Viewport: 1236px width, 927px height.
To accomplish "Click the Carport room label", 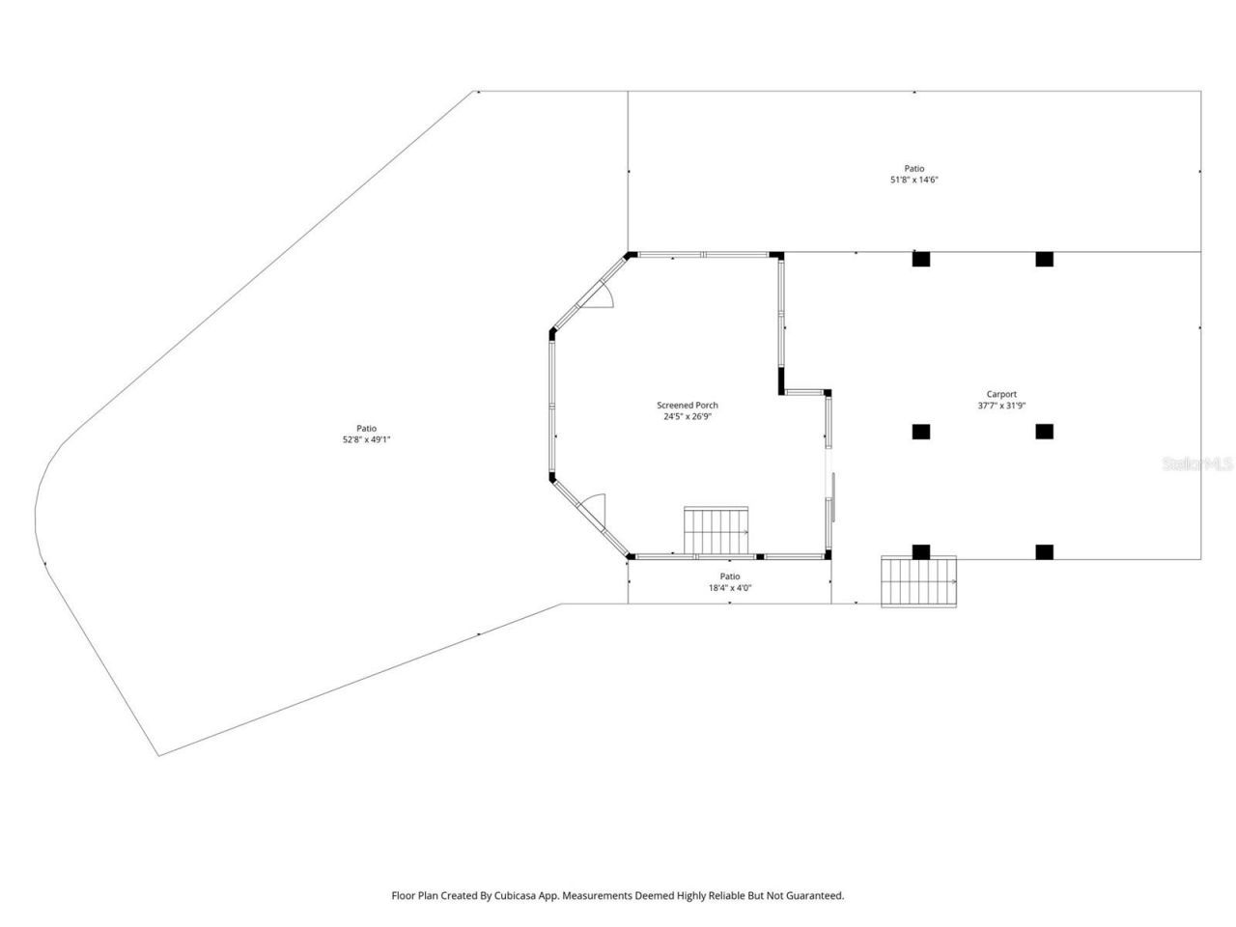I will tap(1000, 394).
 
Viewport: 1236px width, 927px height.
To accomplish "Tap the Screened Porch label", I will tap(688, 406).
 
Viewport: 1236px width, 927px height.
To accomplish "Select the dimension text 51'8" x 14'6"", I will tap(913, 181).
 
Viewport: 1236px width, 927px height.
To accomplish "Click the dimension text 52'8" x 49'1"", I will tap(366, 439).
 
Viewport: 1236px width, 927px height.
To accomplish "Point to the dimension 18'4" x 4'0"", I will tap(729, 587).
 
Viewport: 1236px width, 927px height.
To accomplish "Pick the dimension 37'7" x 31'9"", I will tap(1000, 406).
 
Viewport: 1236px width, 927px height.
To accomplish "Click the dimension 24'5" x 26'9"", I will tap(688, 417).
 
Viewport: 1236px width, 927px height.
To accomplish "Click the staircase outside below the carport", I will tap(919, 582).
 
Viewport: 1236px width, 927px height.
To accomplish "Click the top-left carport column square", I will tap(921, 259).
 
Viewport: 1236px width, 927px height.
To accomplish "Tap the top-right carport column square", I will tap(1044, 259).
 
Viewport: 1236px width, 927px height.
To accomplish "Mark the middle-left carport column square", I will tap(921, 432).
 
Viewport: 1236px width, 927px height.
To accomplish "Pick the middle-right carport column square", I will tap(1044, 432).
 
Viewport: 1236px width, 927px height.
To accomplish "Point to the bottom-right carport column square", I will tap(1044, 552).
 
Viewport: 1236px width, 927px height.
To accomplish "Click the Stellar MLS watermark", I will tap(1197, 464).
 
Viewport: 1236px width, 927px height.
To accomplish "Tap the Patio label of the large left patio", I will tap(366, 428).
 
